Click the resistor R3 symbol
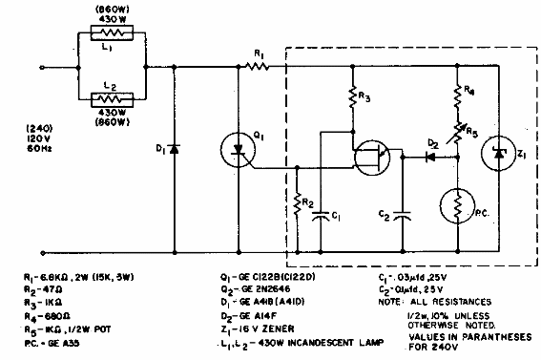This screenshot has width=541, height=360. click(x=352, y=97)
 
